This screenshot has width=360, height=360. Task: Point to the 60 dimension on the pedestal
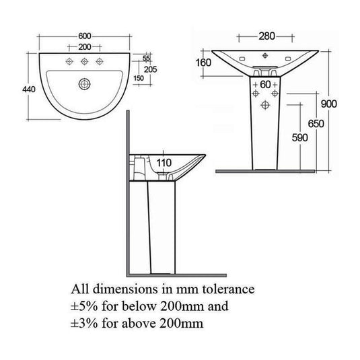pos(265,85)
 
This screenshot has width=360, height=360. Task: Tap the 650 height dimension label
pos(314,123)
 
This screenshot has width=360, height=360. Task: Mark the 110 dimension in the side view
pos(164,162)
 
